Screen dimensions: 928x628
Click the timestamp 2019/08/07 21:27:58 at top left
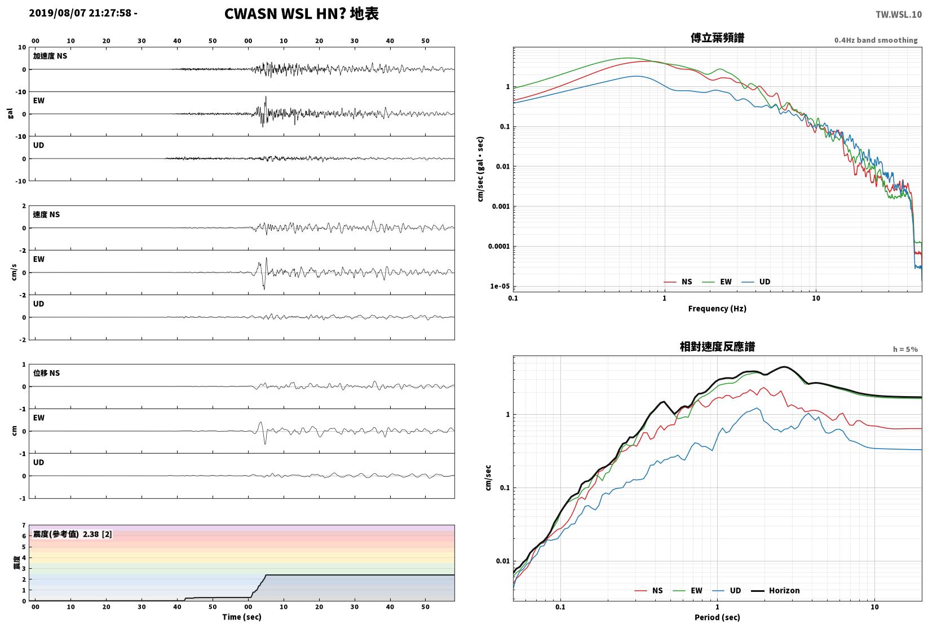80,13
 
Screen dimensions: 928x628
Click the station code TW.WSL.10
899,15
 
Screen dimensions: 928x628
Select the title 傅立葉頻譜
717,38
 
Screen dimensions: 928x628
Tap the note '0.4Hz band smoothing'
876,40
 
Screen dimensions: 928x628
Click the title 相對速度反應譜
717,346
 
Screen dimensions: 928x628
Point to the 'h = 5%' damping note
905,349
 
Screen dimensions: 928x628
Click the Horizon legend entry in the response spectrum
776,590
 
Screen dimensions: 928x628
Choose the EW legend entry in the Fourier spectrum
717,282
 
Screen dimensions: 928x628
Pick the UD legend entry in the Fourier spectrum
756,282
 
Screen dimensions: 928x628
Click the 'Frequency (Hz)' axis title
717,309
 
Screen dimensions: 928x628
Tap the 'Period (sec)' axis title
717,617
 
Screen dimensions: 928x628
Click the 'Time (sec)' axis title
242,617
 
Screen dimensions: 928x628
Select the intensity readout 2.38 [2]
98,534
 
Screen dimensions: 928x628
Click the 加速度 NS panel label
50,56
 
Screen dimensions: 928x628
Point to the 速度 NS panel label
46,214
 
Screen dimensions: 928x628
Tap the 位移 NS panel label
46,373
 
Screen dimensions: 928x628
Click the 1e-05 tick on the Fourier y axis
500,286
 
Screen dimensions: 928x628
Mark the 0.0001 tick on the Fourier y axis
499,246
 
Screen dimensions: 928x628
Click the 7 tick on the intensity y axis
24,525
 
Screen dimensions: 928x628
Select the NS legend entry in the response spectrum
649,590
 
